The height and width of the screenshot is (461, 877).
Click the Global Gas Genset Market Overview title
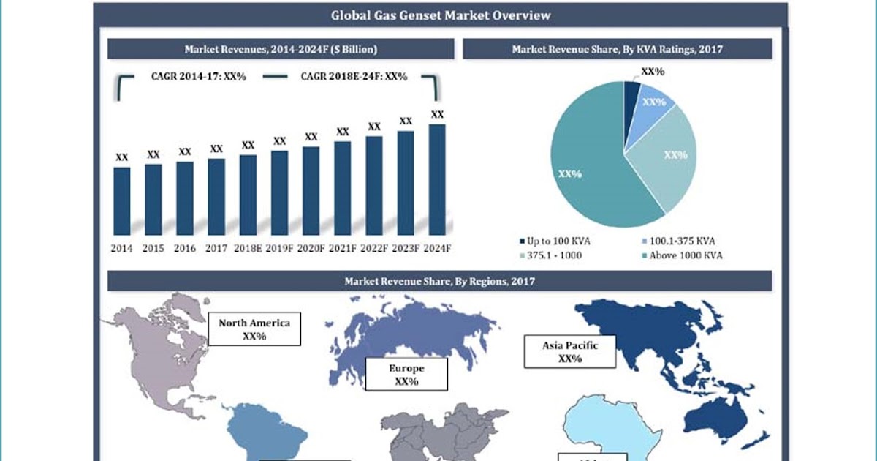pos(440,15)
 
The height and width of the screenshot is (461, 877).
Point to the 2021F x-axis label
pos(342,249)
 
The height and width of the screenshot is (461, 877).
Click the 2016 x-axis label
pos(185,249)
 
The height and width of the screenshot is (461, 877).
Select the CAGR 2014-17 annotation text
pos(198,76)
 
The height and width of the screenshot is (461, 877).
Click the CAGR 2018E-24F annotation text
pos(354,76)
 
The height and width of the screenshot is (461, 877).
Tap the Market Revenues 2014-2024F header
pos(281,49)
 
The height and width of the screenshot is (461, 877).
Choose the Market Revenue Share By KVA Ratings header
pos(617,49)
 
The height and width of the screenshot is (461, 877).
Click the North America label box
pos(254,329)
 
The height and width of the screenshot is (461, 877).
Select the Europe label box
pos(406,375)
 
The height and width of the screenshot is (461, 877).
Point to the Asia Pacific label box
pos(569,351)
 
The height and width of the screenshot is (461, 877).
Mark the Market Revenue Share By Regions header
pos(440,281)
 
